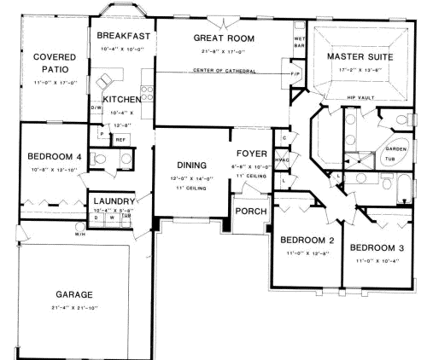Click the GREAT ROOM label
pos(225,38)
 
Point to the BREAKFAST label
pos(124,36)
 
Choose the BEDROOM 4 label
pos(55,156)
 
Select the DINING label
pos(191,165)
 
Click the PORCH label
pos(250,211)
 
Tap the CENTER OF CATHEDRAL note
pos(225,70)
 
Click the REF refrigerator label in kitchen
pos(120,139)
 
